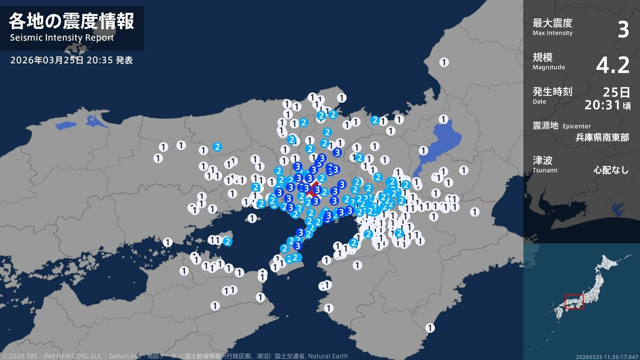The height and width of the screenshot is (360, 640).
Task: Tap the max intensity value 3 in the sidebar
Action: [x=623, y=30]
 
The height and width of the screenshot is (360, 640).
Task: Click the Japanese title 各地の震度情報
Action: [x=71, y=21]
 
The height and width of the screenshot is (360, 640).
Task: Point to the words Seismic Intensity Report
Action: [x=62, y=38]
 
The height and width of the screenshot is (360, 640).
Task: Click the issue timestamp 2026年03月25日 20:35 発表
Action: [x=71, y=60]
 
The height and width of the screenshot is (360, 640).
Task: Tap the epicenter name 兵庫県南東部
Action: [x=602, y=137]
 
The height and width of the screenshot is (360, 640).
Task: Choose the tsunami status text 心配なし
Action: [x=611, y=171]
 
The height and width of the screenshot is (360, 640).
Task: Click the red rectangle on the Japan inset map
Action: [x=574, y=301]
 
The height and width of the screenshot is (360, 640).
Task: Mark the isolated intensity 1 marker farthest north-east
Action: [x=444, y=62]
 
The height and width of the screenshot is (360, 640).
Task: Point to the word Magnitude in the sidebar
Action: [x=548, y=67]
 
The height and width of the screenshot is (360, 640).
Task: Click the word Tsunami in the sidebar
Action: [x=545, y=170]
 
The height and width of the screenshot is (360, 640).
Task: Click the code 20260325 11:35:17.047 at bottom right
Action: [x=606, y=356]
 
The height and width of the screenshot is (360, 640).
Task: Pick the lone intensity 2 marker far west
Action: [x=217, y=147]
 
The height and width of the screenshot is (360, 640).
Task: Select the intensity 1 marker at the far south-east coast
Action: [x=430, y=327]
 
